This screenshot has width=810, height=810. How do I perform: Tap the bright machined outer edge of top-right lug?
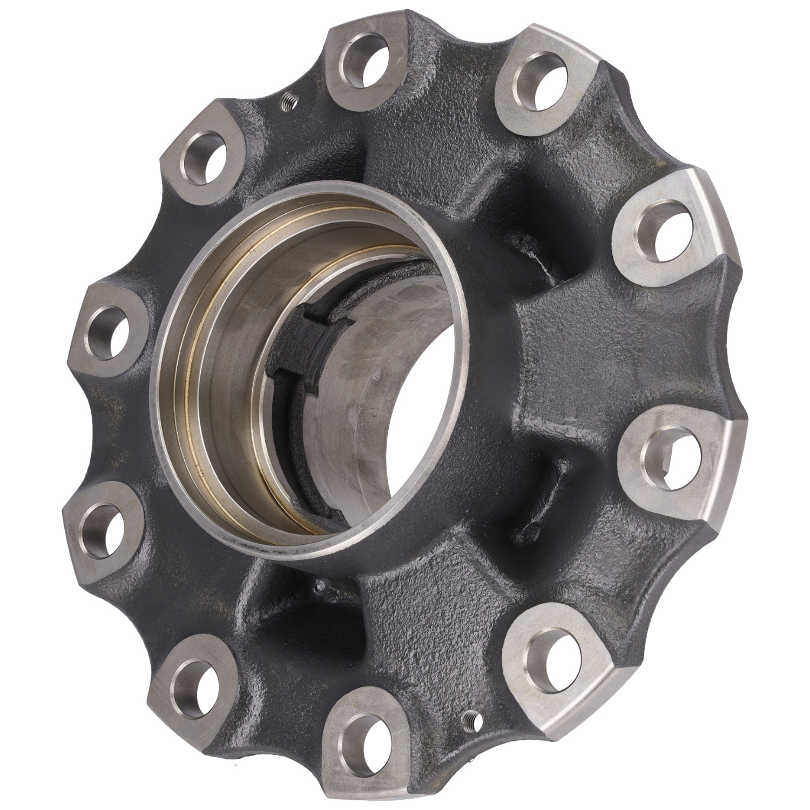tap(718, 216)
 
